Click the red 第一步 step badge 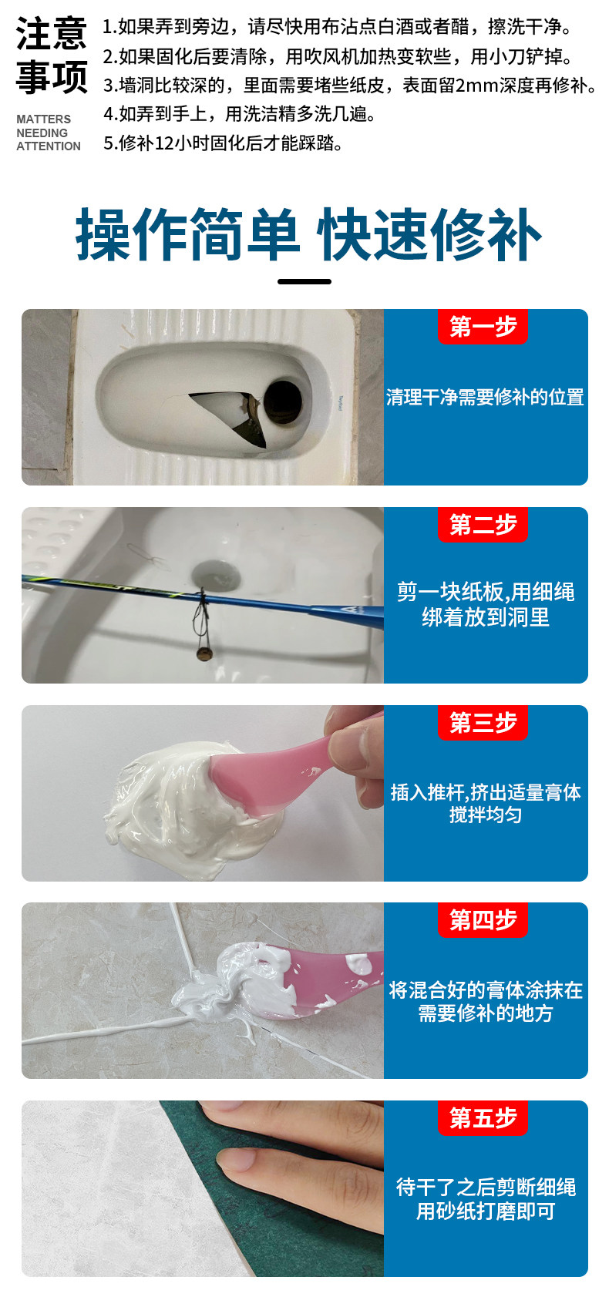(x=483, y=326)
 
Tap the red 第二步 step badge (x=483, y=524)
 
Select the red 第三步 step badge (x=483, y=722)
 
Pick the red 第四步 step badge (x=483, y=920)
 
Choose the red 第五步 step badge (x=483, y=1118)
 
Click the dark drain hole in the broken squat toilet (x=283, y=402)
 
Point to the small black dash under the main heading (x=304, y=281)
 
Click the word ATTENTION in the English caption (x=49, y=146)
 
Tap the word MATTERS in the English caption (x=44, y=119)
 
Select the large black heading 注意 (x=52, y=33)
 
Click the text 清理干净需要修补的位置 (x=485, y=398)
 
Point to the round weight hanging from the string (x=204, y=653)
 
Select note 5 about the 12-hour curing (x=223, y=143)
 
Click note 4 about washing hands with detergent (x=240, y=114)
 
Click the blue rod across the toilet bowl (x=203, y=596)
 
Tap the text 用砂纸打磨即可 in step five (x=485, y=1212)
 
